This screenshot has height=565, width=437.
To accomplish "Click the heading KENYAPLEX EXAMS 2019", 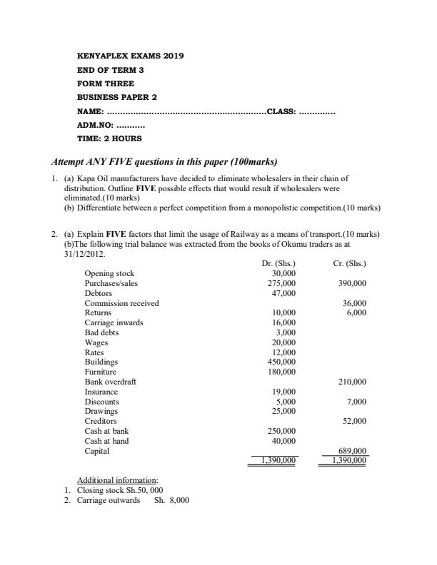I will click(130, 55).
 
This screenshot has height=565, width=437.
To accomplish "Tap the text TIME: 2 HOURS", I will click(109, 138).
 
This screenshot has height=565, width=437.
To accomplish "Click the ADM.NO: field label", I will click(94, 125).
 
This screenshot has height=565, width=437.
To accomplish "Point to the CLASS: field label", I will click(281, 111).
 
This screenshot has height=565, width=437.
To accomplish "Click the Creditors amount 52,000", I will click(355, 422).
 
